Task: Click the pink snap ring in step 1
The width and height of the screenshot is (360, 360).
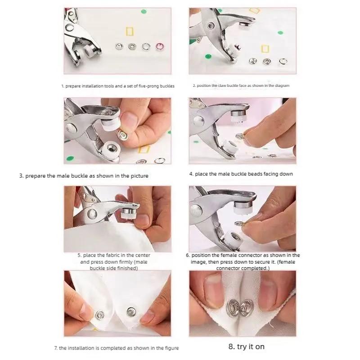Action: [x=160, y=46]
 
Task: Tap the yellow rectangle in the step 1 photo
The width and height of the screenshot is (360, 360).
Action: [x=130, y=31]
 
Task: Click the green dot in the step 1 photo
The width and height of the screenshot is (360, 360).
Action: [x=144, y=12]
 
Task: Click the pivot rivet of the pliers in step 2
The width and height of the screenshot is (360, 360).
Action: [x=210, y=26]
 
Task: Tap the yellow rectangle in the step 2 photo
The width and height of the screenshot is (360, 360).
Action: [x=265, y=49]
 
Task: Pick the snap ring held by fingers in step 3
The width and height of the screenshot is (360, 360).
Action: [x=123, y=135]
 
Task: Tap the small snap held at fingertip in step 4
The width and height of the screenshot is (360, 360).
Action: [x=240, y=136]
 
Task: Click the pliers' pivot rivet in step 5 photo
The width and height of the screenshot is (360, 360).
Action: [x=92, y=214]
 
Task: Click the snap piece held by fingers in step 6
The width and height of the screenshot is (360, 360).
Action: [x=240, y=223]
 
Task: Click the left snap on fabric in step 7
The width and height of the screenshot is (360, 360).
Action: [x=99, y=315]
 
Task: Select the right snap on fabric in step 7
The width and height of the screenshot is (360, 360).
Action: [x=131, y=311]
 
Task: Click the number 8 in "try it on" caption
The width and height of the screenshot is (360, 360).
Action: [x=230, y=346]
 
